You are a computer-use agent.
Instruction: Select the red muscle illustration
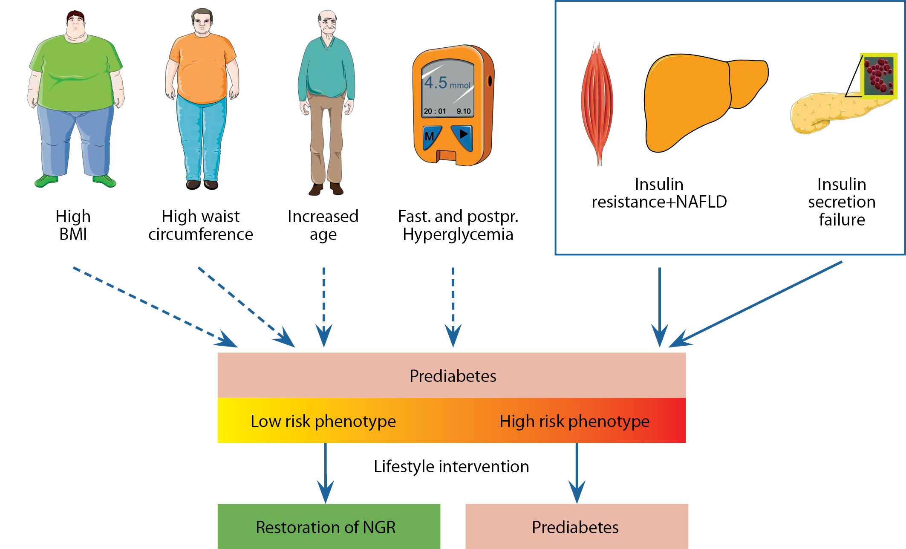[597, 102]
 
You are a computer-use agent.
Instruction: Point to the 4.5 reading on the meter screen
[436, 82]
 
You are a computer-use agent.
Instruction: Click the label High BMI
[73, 225]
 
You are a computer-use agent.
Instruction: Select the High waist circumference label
[200, 225]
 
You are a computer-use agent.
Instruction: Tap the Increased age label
[323, 225]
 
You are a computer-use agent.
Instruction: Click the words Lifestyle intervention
[451, 466]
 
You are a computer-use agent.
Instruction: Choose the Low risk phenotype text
[323, 421]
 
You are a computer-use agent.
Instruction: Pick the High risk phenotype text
[574, 421]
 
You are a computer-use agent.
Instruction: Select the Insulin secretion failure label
[842, 202]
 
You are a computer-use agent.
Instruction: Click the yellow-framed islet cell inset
[879, 76]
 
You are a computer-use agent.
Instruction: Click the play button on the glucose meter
[463, 135]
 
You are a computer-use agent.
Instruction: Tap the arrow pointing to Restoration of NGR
[326, 473]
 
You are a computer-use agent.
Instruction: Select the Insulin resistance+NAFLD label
[659, 193]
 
